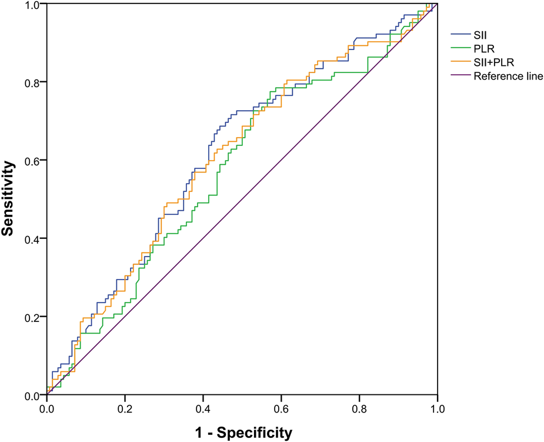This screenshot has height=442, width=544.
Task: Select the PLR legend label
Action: coord(483,48)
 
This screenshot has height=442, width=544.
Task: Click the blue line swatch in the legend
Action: coord(460,35)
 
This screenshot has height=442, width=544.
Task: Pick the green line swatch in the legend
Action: coord(460,48)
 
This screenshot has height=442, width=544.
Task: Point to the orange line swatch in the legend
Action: coord(460,62)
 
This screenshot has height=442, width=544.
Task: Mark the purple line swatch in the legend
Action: coord(460,76)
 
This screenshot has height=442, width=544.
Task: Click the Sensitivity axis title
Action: coord(8,200)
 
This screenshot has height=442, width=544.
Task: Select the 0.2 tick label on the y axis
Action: coord(32,317)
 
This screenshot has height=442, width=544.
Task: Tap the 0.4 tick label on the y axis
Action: coord(32,239)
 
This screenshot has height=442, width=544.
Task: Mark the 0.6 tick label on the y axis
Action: coord(32,161)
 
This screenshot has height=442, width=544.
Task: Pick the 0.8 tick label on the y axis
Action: coord(32,82)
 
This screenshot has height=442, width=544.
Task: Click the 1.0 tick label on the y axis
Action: coord(32,5)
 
